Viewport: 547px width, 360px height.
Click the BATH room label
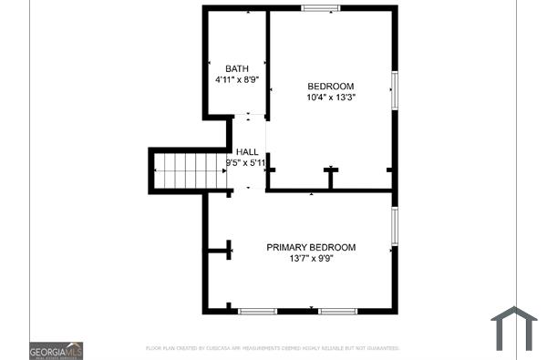(237, 68)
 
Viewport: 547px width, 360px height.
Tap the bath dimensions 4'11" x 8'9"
(237, 80)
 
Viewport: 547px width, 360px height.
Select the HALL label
(247, 152)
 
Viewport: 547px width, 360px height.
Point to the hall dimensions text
(246, 164)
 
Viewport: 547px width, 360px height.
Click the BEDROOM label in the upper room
(329, 87)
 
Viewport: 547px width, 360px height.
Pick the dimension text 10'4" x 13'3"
(329, 98)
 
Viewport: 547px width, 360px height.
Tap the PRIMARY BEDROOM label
(311, 247)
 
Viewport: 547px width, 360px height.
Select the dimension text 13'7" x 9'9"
(311, 259)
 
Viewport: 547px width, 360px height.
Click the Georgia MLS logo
(57, 350)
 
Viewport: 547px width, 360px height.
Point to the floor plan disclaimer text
(273, 348)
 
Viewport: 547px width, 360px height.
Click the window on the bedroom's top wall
(321, 9)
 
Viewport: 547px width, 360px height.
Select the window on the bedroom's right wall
(394, 90)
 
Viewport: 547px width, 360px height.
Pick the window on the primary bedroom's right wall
(394, 225)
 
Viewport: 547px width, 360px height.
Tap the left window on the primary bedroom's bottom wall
(257, 312)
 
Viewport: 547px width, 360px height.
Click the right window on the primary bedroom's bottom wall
(337, 312)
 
